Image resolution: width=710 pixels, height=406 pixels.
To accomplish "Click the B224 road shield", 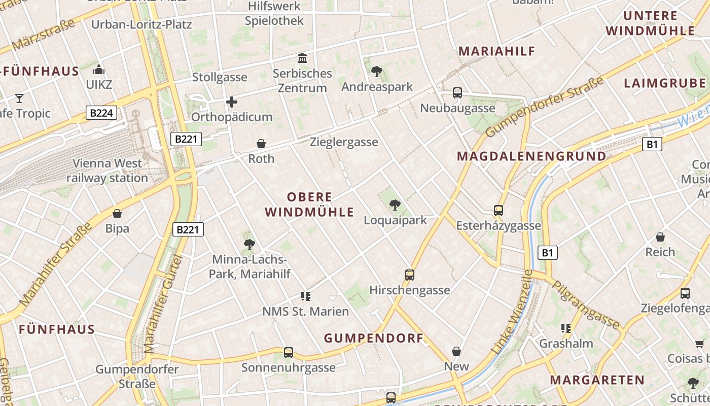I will [101, 113].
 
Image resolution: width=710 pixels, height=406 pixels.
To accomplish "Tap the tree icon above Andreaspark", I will [376, 72].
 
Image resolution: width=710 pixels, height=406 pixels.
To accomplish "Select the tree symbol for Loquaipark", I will [395, 205].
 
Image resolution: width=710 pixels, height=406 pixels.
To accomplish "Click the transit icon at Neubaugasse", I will [457, 93].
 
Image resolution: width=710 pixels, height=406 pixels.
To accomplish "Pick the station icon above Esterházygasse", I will [499, 210].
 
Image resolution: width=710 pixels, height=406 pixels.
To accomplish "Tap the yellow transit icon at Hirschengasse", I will [410, 275].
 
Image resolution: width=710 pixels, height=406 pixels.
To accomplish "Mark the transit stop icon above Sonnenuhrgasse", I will [289, 352].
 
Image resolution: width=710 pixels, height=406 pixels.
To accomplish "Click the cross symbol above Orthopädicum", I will [232, 102].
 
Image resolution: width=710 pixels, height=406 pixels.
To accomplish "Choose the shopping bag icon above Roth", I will [261, 144].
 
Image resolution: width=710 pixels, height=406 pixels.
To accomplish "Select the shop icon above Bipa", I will [117, 214].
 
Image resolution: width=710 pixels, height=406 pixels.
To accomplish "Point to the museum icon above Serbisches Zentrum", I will [303, 58].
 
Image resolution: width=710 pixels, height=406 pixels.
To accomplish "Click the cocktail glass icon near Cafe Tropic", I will [19, 98].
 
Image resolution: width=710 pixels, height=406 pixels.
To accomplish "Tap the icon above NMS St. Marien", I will [305, 296].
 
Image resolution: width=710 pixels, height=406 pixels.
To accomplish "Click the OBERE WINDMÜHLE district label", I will [309, 205].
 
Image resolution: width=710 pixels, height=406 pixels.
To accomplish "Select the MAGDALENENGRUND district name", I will [531, 156].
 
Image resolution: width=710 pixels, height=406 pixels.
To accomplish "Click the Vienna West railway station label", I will [108, 171].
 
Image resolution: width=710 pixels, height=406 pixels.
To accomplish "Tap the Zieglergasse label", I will [344, 142].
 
